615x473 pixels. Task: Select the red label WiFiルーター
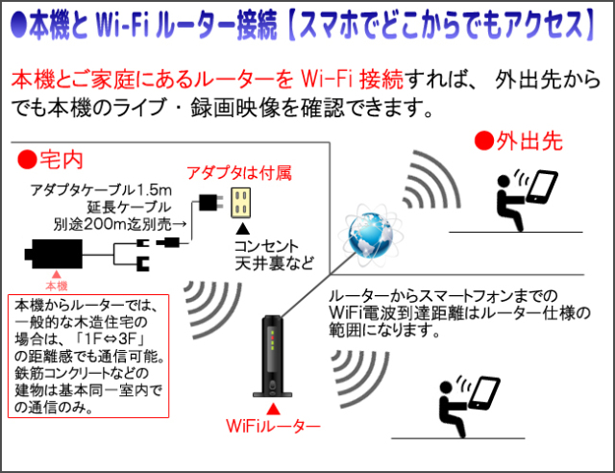(273, 424)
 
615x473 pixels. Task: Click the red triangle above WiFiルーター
(273, 408)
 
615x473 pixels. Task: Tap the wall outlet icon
(242, 203)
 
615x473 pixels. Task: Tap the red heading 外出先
(519, 141)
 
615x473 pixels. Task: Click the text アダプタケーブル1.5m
(101, 189)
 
